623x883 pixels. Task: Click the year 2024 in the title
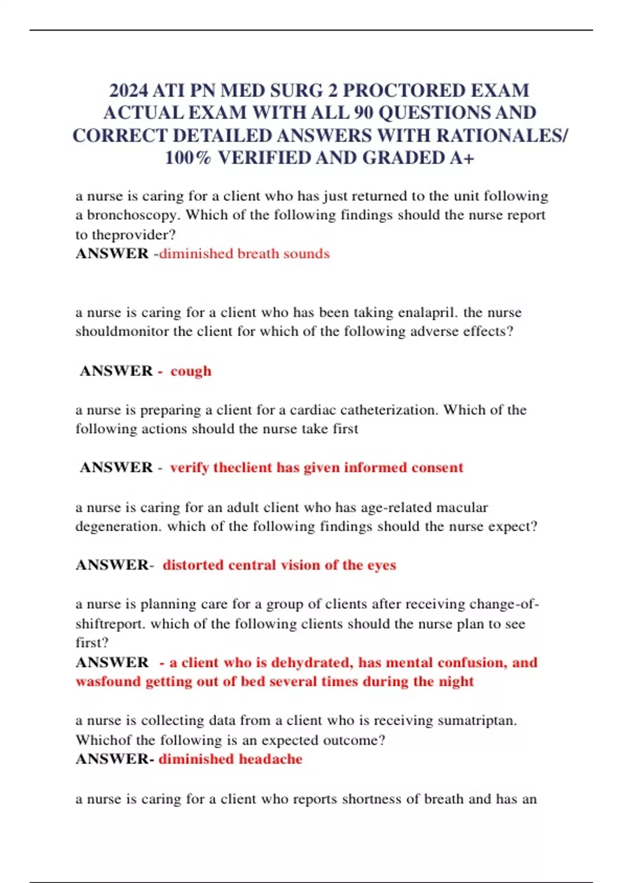[128, 90]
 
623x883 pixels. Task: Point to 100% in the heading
[188, 158]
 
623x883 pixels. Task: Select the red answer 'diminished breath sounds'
[244, 253]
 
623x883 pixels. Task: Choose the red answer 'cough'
[191, 371]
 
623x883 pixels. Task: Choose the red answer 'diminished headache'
[231, 759]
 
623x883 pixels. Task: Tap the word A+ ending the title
[462, 158]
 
